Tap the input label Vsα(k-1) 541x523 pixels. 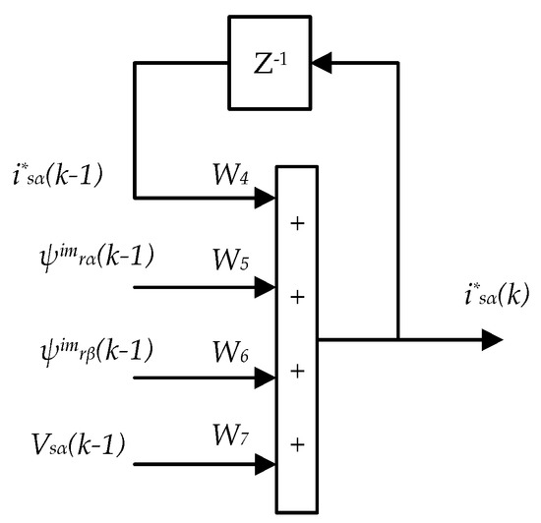tap(76, 444)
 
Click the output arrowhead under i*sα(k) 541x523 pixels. tap(492, 340)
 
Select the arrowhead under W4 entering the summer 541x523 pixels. tap(266, 198)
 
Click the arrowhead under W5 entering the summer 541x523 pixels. tap(266, 288)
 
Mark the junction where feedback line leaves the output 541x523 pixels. tap(397, 340)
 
